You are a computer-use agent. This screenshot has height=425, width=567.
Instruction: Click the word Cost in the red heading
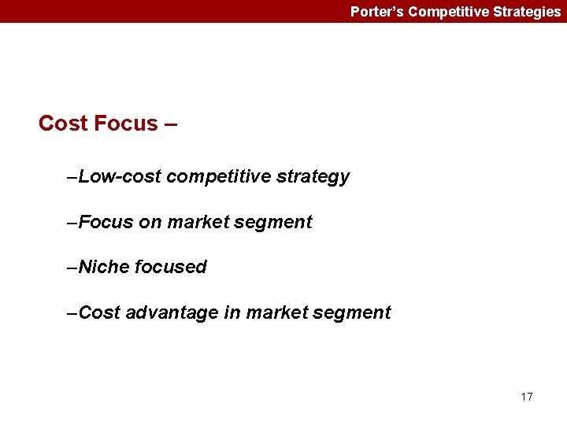pos(63,124)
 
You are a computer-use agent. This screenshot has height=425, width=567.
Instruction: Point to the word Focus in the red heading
pos(125,124)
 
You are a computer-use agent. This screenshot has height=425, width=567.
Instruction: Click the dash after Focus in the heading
pos(171,124)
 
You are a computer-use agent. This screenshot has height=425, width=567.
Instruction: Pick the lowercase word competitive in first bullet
pos(219,176)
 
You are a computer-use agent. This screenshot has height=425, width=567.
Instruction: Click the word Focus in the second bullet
pos(106,222)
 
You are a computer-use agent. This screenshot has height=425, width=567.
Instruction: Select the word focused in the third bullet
pos(171,267)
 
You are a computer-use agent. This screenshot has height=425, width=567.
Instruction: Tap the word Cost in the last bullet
pos(99,312)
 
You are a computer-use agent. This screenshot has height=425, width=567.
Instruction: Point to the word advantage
pos(172,313)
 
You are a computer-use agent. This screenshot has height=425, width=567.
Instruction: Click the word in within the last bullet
pos(232,312)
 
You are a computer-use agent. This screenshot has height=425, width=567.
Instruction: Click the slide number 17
pos(526,397)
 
